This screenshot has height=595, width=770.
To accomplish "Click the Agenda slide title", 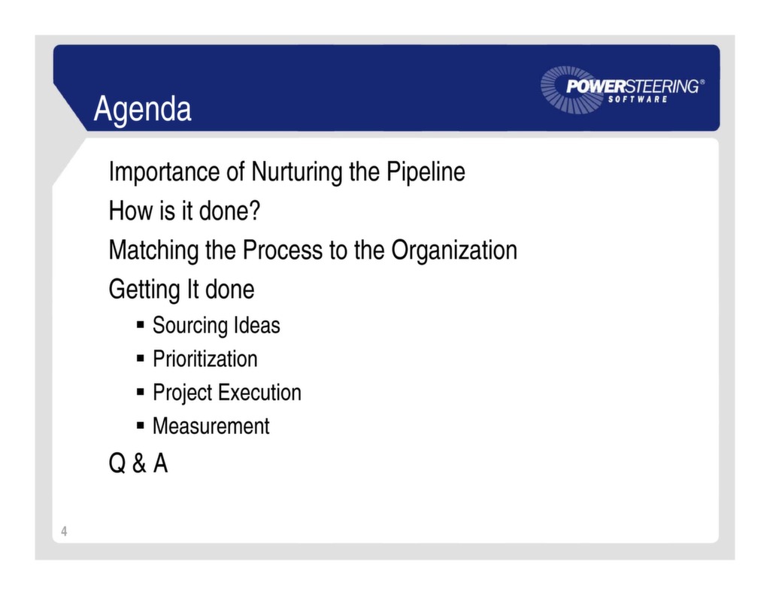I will click(142, 109).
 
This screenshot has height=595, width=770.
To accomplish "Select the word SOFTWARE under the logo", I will click(637, 100).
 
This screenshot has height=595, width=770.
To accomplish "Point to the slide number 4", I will click(64, 532).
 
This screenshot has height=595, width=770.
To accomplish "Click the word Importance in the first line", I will click(164, 172).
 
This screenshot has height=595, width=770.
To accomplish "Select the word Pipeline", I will click(426, 172).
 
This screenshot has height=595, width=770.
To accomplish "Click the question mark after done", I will click(254, 211).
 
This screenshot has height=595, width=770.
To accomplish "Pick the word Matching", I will click(154, 250).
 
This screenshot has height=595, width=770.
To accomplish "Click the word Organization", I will click(453, 250).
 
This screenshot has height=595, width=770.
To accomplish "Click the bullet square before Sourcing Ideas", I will click(141, 325).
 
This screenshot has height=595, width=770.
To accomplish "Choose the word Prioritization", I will click(205, 359).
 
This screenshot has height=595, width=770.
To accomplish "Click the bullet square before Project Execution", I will click(141, 392).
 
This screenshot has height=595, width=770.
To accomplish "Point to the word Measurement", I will click(211, 427).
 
